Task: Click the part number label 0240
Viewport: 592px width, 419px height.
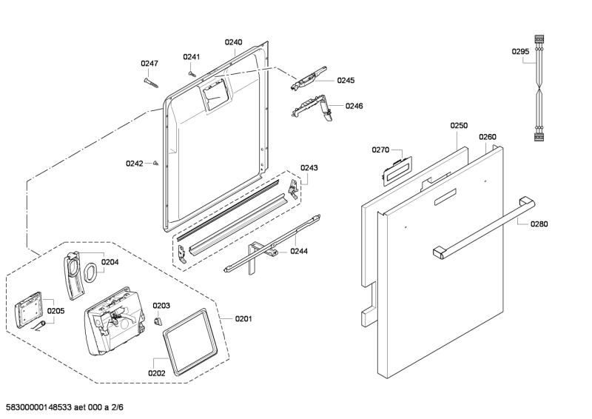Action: pyautogui.click(x=233, y=43)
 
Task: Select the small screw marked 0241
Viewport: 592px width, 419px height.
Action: pyautogui.click(x=192, y=73)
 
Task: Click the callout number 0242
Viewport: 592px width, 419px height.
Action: pyautogui.click(x=134, y=164)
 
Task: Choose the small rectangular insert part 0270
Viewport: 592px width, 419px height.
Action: pyautogui.click(x=393, y=170)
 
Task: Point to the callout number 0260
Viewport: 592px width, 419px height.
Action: pyautogui.click(x=487, y=137)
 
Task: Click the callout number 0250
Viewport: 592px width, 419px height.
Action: pyautogui.click(x=459, y=126)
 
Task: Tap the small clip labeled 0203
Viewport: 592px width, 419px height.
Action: pyautogui.click(x=157, y=321)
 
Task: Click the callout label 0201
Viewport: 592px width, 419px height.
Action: pyautogui.click(x=243, y=319)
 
